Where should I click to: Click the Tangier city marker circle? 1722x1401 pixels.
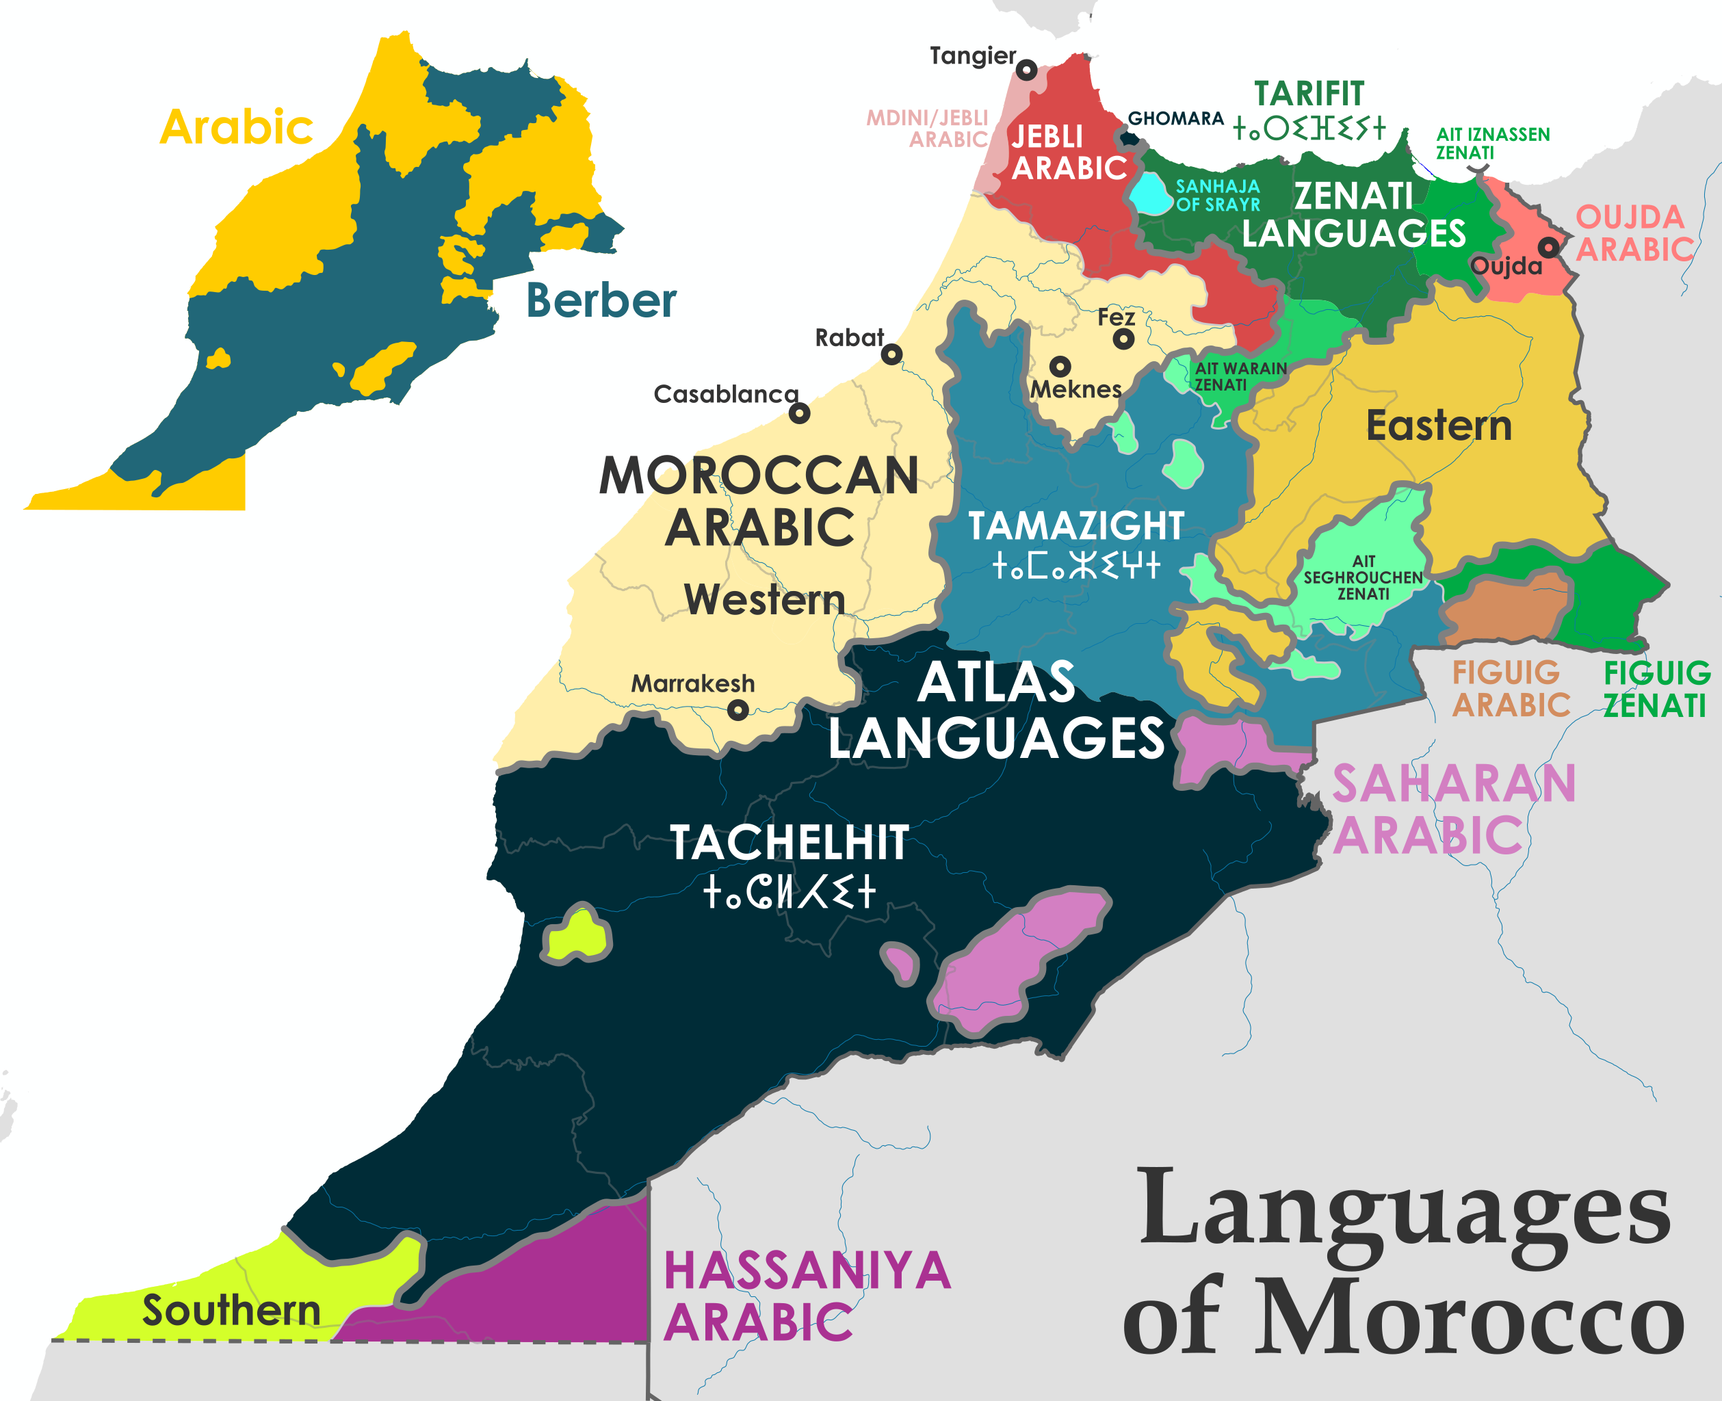pyautogui.click(x=1026, y=70)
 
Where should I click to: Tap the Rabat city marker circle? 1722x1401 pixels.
pyautogui.click(x=891, y=354)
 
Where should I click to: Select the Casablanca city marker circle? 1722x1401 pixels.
pyautogui.click(x=799, y=413)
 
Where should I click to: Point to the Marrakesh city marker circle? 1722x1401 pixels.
pyautogui.click(x=738, y=710)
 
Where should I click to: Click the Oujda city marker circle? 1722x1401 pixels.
pyautogui.click(x=1548, y=247)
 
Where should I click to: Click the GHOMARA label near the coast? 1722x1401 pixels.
pyautogui.click(x=1175, y=118)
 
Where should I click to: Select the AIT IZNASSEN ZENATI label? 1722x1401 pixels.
pyautogui.click(x=1492, y=143)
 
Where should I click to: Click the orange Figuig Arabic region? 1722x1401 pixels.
pyautogui.click(x=1506, y=609)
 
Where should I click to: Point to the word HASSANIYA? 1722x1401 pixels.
pyautogui.click(x=807, y=1271)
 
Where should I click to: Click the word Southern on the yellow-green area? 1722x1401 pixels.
pyautogui.click(x=232, y=1310)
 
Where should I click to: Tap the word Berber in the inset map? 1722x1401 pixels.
pyautogui.click(x=601, y=301)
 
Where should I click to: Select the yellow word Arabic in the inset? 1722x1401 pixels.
pyautogui.click(x=237, y=127)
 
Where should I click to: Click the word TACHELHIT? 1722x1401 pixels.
pyautogui.click(x=790, y=843)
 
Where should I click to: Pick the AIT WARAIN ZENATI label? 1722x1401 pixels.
pyautogui.click(x=1240, y=376)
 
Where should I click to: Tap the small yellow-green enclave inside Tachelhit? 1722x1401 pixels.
pyautogui.click(x=577, y=935)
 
